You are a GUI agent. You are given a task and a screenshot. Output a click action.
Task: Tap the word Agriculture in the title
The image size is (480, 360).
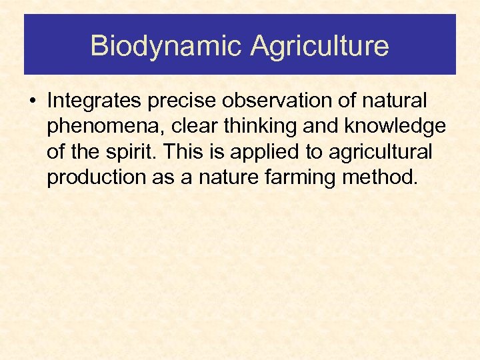coord(319,46)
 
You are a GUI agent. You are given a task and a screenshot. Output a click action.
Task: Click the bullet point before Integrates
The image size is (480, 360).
coord(33,102)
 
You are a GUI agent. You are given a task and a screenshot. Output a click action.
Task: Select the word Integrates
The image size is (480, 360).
coord(94,101)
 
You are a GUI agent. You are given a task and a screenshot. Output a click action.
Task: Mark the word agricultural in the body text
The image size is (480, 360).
coord(379,152)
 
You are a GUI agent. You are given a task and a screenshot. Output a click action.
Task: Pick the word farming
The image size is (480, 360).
coord(300,177)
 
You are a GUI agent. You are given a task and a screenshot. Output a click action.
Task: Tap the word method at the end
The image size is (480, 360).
coord(383,177)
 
